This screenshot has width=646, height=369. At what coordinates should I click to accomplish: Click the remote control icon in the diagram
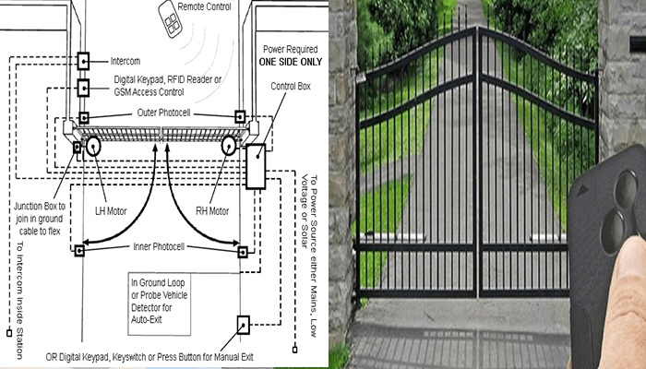pyautogui.click(x=171, y=19)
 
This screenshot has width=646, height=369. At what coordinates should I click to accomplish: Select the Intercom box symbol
pyautogui.click(x=83, y=61)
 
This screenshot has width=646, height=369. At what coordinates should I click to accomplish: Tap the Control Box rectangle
pyautogui.click(x=256, y=166)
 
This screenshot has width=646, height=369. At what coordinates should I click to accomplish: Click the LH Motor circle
pyautogui.click(x=93, y=146)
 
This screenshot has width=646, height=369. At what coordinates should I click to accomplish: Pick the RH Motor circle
pyautogui.click(x=229, y=146)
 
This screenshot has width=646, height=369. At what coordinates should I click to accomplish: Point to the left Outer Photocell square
pyautogui.click(x=84, y=118)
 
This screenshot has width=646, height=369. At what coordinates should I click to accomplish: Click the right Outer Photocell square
pyautogui.click(x=240, y=116)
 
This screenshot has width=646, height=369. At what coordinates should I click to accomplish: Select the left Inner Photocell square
pyautogui.click(x=79, y=250)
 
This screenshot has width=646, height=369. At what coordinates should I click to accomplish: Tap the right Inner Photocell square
pyautogui.click(x=243, y=252)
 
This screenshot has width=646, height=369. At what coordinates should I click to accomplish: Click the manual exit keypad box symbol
pyautogui.click(x=243, y=325)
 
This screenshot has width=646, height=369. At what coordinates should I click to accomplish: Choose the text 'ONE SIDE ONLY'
pyautogui.click(x=291, y=62)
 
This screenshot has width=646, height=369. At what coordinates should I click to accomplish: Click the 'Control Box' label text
pyautogui.click(x=291, y=86)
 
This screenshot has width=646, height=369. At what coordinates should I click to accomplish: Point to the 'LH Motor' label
pyautogui.click(x=111, y=211)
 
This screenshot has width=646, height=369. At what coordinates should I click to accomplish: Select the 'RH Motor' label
pyautogui.click(x=212, y=211)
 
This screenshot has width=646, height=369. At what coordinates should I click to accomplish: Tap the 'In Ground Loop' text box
pyautogui.click(x=160, y=304)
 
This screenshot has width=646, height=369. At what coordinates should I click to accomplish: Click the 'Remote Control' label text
pyautogui.click(x=204, y=6)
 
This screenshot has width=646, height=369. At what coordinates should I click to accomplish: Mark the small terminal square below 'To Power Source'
pyautogui.click(x=294, y=350)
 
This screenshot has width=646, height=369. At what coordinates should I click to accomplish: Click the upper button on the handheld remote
pyautogui.click(x=626, y=188)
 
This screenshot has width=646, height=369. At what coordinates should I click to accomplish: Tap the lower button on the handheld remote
pyautogui.click(x=613, y=232)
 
